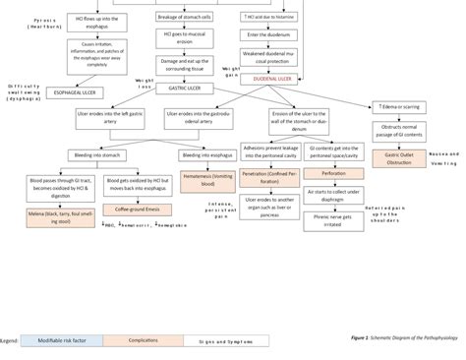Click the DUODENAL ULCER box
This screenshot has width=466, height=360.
click(x=272, y=76)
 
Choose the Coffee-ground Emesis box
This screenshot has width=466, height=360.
click(x=137, y=209)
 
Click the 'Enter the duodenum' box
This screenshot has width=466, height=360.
click(x=272, y=34)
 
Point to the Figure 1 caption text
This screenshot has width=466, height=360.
click(x=403, y=337)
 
